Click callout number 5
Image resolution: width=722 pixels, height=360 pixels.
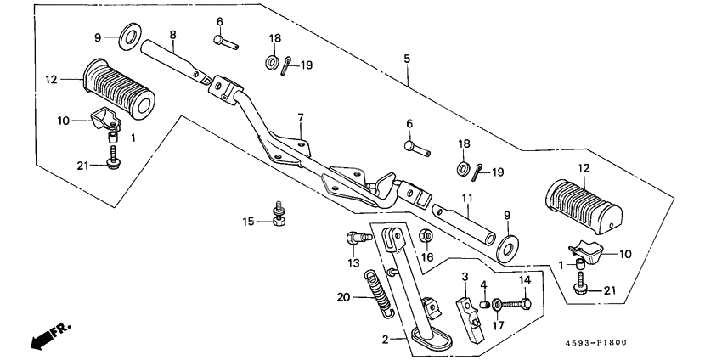(x=407, y=59)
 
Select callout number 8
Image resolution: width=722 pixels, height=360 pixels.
(x=172, y=35)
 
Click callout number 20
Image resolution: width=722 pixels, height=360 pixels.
(x=342, y=296)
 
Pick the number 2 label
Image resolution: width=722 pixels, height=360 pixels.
(x=385, y=339)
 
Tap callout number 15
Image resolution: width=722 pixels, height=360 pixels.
(x=248, y=222)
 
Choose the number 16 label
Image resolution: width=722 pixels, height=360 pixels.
(x=427, y=256)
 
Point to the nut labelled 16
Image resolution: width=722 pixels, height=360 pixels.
(x=427, y=236)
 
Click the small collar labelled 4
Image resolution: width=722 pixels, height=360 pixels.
(x=486, y=302)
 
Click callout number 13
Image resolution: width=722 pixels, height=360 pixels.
(x=353, y=263)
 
